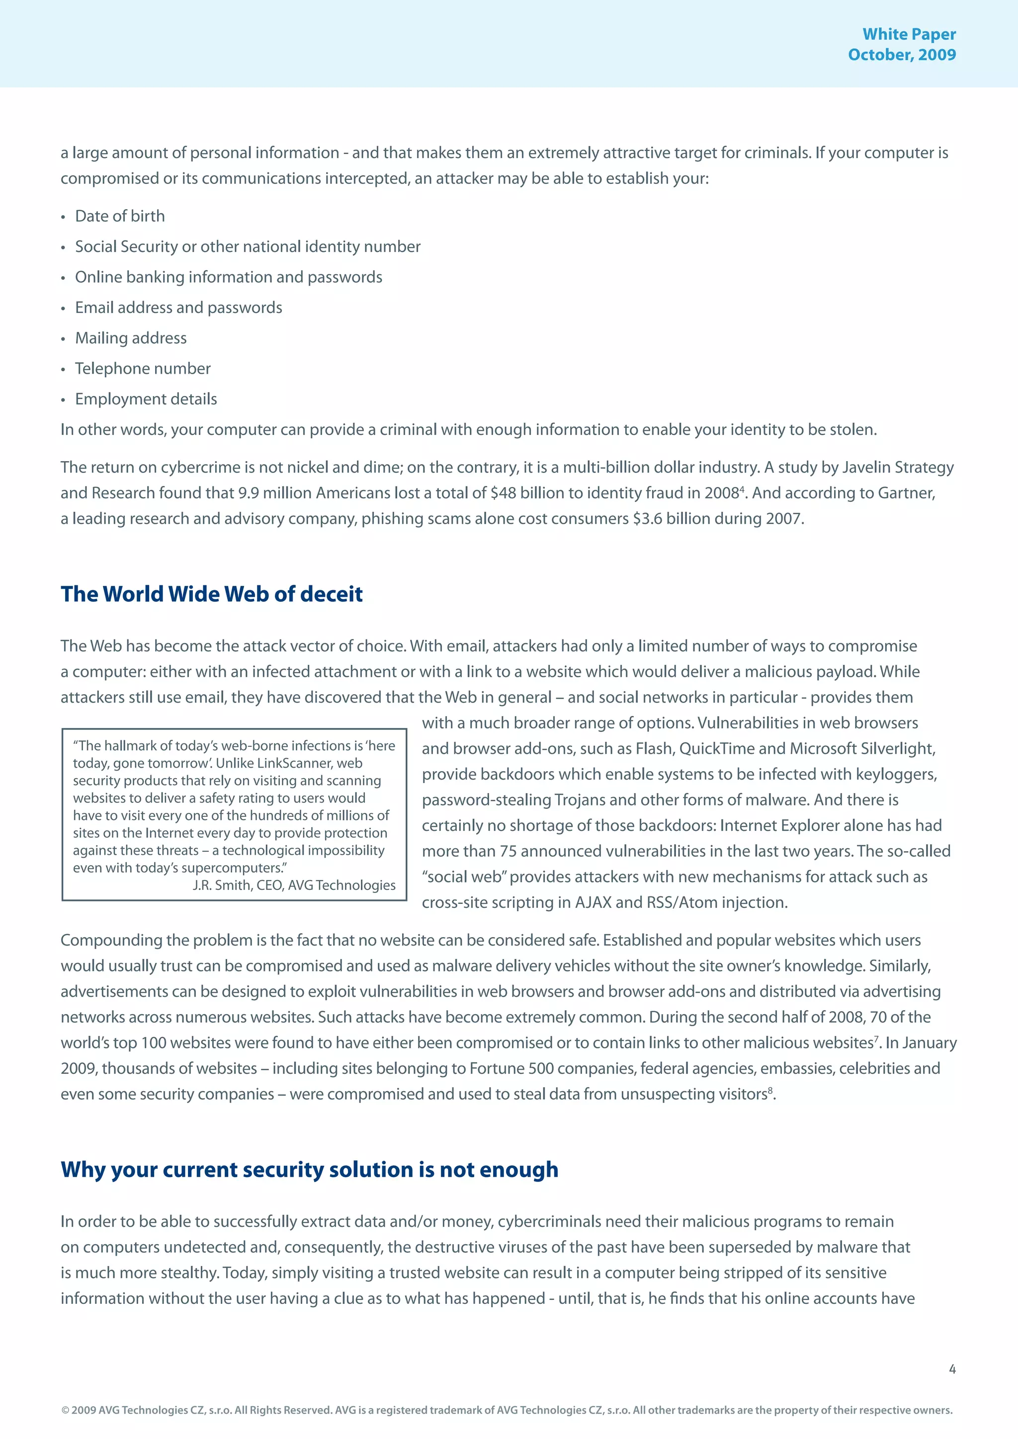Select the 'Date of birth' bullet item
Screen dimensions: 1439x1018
tap(120, 216)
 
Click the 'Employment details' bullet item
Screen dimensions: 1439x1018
tap(146, 399)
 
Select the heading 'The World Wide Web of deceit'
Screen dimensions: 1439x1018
tap(211, 594)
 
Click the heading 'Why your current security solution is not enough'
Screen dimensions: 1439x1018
tap(309, 1170)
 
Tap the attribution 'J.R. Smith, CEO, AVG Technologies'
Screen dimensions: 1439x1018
tap(294, 885)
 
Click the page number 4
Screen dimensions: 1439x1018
tap(951, 1369)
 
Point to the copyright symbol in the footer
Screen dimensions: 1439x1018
tap(65, 1411)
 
